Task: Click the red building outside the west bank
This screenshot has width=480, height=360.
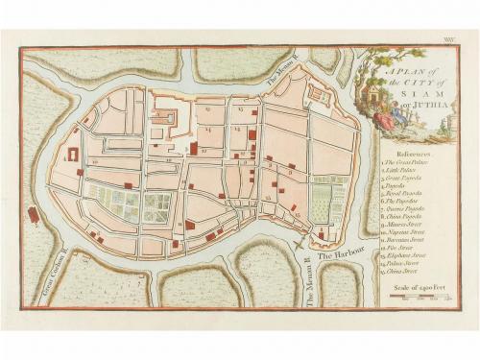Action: pos(34,215)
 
